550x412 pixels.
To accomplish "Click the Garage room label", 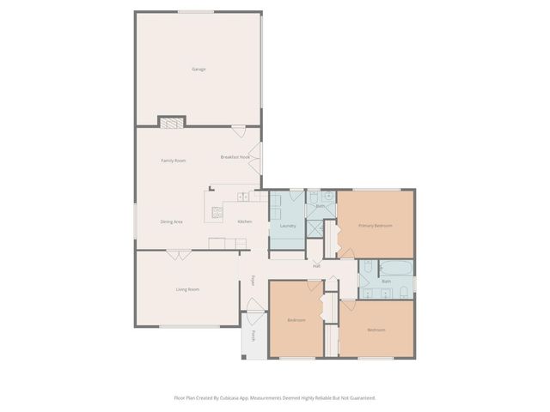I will (x=199, y=69).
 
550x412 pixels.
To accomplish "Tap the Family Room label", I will (x=174, y=161).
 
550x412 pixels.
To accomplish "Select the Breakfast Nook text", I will (x=235, y=157).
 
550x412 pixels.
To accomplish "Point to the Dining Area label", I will (x=171, y=221).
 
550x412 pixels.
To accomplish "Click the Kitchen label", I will (x=244, y=221).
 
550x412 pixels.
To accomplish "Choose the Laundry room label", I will (x=288, y=226).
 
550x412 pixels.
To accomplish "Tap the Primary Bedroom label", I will (x=376, y=225).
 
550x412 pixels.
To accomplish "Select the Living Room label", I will (x=187, y=289).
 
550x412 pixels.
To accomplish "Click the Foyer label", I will (x=253, y=280).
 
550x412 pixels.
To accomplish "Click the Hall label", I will (x=316, y=266).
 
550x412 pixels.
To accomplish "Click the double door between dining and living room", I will (x=179, y=254).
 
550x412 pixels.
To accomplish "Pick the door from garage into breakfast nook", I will (x=238, y=131).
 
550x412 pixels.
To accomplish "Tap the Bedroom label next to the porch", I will (x=296, y=320).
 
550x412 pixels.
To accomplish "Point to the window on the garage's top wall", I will (x=196, y=12).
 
